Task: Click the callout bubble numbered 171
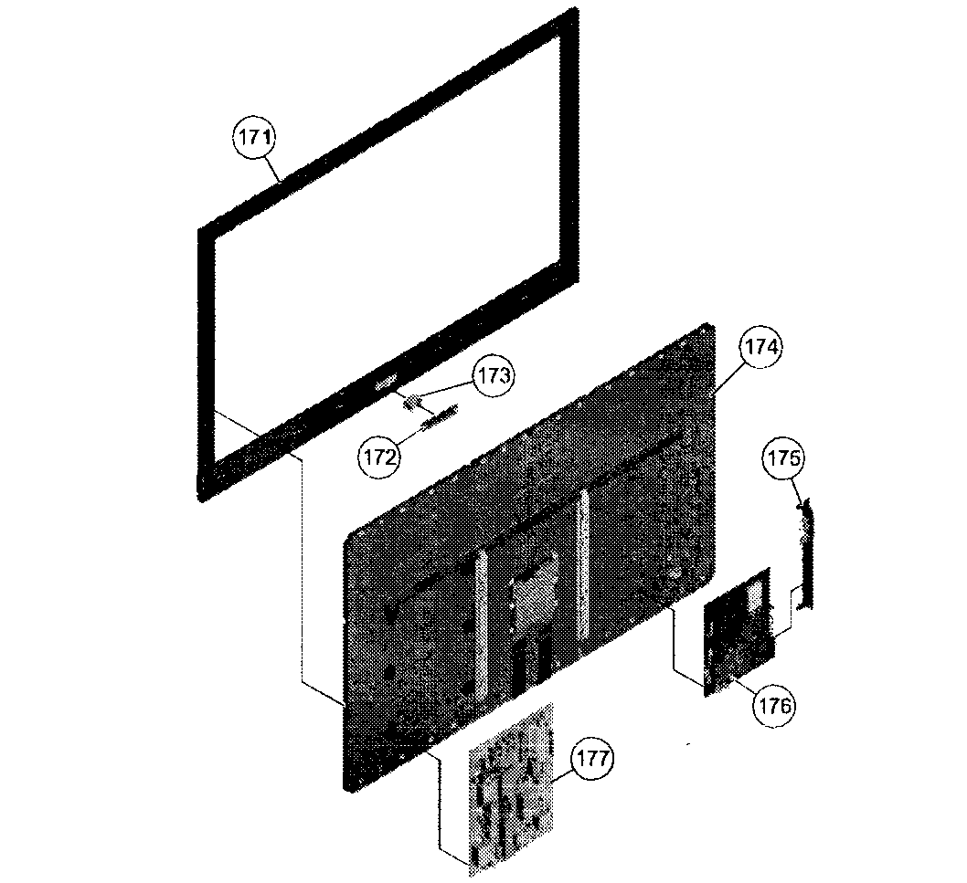(255, 137)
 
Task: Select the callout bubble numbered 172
(379, 457)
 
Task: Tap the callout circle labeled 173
(494, 375)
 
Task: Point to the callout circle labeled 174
(761, 348)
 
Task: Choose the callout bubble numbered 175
(783, 458)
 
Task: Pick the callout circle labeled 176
(774, 706)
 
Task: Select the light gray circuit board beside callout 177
(511, 789)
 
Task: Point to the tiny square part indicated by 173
(411, 403)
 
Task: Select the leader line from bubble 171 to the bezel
(274, 170)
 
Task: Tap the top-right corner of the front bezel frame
(576, 8)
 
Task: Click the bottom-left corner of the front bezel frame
(200, 499)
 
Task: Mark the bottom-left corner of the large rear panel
(346, 789)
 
